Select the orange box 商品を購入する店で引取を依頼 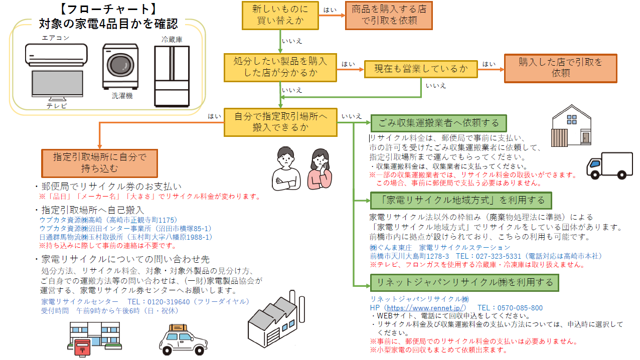pos(389,15)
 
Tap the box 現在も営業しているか pos(420,69)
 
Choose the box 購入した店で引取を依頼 pos(560,68)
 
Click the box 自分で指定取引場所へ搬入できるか pos(280,122)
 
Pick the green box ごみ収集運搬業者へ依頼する pos(438,123)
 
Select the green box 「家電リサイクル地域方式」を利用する pos(461,201)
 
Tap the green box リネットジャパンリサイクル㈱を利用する pos(464,283)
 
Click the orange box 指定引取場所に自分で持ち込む pos(99,162)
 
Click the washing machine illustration pos(120,66)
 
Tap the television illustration pos(57,87)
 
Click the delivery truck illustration pos(609,166)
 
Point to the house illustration pos(572,126)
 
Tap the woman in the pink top pos(318,168)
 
